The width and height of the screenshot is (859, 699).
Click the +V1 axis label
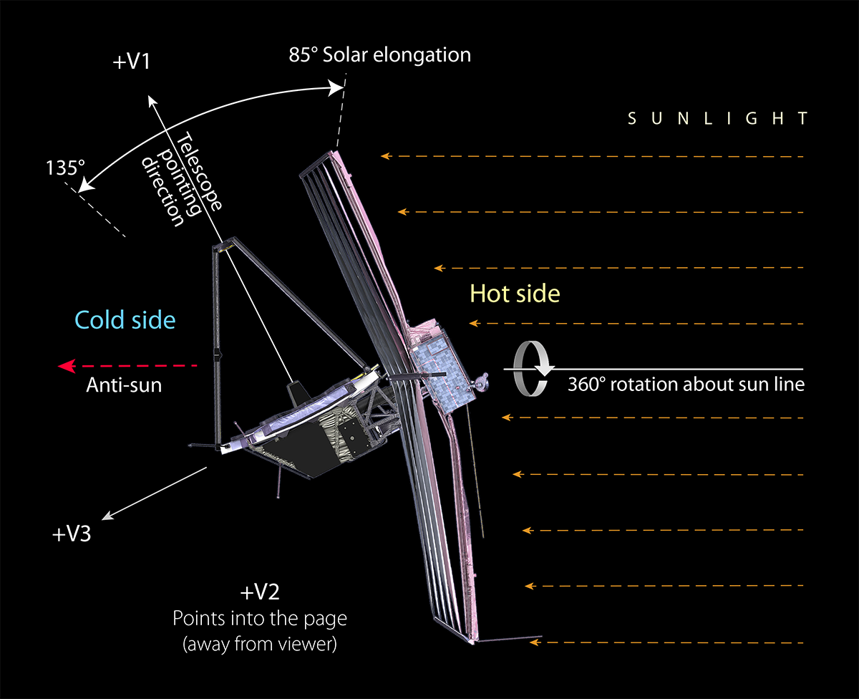pos(132,62)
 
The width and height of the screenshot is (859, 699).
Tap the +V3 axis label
pos(72,534)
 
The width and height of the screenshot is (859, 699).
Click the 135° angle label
pos(66,168)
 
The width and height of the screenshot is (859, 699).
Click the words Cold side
pos(125,319)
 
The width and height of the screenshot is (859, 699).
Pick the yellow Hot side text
pos(514,293)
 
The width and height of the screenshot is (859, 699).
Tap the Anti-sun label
pos(124,385)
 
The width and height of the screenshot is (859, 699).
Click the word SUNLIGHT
pos(717,119)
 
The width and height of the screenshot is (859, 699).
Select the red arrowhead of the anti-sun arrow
pos(67,367)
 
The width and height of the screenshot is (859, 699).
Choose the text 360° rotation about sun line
pos(686,385)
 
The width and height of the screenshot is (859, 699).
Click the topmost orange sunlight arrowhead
pos(386,155)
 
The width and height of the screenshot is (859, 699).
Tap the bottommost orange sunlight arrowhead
pos(533,642)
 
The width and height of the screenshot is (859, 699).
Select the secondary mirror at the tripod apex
pos(225,247)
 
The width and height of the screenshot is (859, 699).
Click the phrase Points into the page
pos(259,618)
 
